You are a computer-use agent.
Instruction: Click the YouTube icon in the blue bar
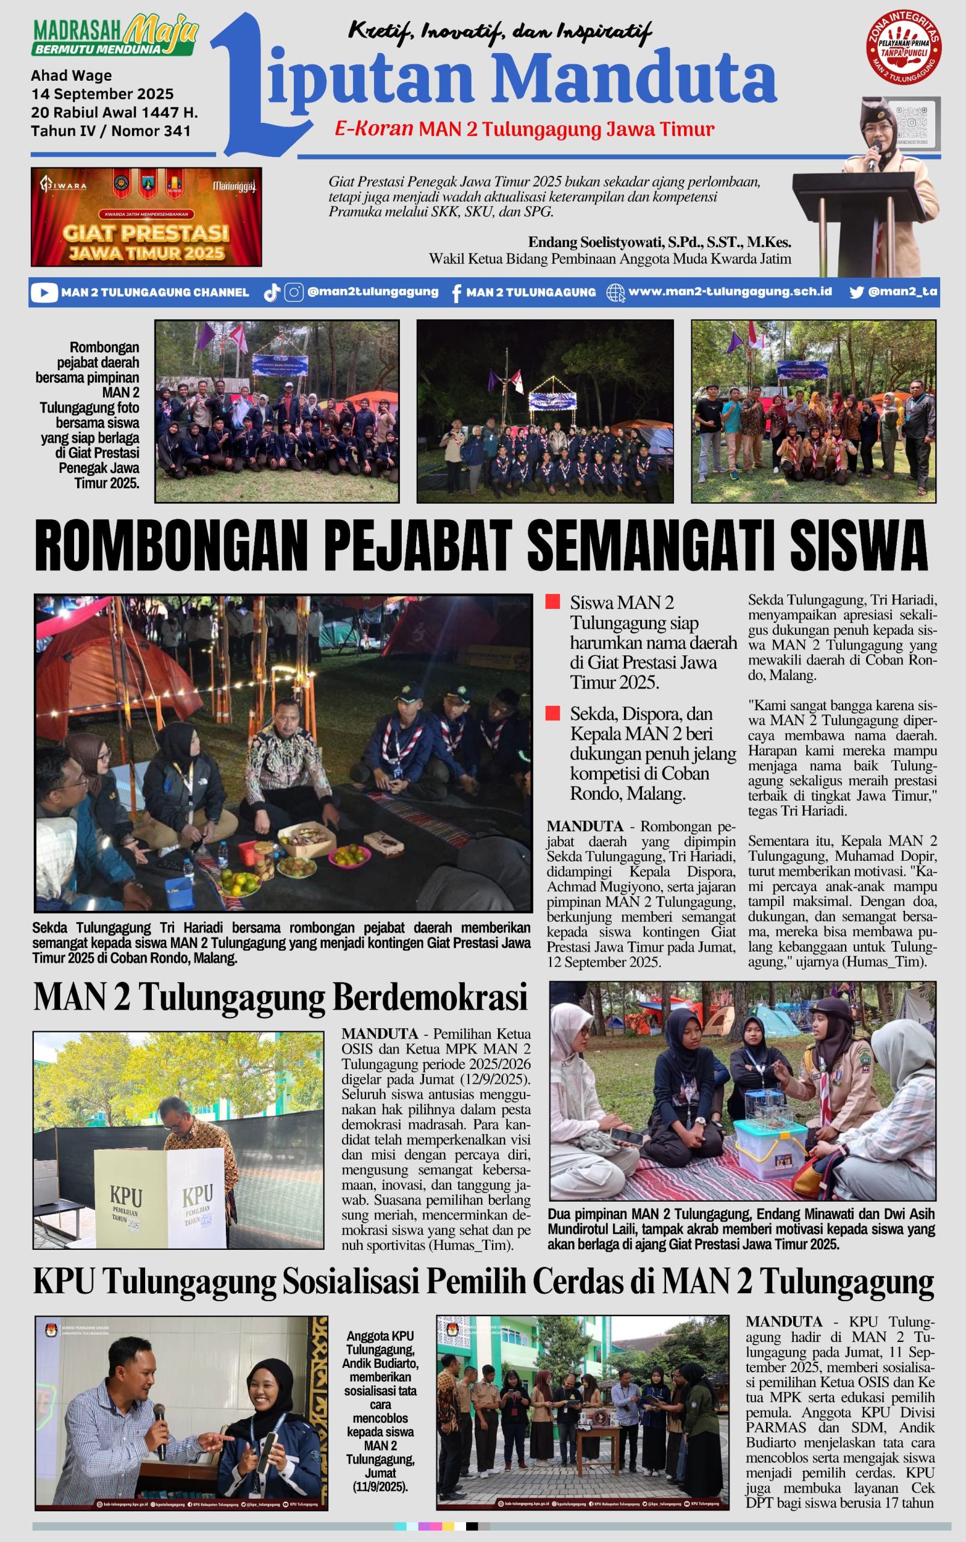coord(44,293)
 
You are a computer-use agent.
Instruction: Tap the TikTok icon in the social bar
coord(272,293)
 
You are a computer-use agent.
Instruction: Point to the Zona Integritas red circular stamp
coord(903,46)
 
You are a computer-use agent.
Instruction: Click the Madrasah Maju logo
coord(115,36)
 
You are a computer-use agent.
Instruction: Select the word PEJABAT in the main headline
coord(418,545)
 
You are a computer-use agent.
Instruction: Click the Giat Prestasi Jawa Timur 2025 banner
coord(146,217)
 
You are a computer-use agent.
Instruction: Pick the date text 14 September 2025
coord(102,94)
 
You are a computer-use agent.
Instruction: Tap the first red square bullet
coord(553,601)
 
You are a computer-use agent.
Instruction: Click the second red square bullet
coord(553,713)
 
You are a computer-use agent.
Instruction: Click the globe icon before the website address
coord(615,293)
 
